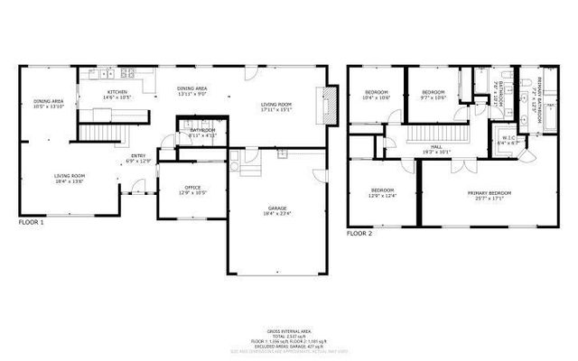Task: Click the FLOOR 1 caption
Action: (31, 221)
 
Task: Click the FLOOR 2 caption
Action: (359, 233)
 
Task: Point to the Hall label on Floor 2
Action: (436, 149)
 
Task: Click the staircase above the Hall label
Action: (436, 134)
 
